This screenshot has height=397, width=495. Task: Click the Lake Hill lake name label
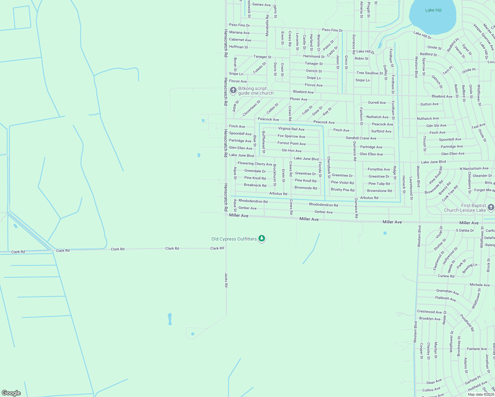click(433, 10)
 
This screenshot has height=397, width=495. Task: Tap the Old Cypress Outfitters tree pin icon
click(262, 239)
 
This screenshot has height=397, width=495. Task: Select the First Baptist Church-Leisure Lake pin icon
click(491, 207)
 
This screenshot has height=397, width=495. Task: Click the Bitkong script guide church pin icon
click(233, 90)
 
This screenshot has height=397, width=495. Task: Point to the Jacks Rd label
click(226, 280)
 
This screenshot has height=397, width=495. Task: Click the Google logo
click(11, 393)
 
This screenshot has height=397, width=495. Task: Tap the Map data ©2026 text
click(481, 394)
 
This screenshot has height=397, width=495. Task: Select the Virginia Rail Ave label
click(291, 129)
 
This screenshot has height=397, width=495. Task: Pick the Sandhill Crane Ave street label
click(361, 138)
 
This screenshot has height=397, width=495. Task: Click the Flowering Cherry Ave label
click(255, 164)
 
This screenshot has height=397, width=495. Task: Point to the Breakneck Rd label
click(255, 185)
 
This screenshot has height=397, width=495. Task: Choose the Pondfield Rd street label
click(467, 323)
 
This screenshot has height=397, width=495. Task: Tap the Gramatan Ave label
click(447, 291)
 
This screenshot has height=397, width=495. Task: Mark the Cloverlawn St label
click(251, 109)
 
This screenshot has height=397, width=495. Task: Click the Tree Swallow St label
click(370, 73)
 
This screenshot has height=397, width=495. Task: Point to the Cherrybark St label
click(329, 167)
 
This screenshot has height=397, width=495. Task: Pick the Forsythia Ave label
click(379, 169)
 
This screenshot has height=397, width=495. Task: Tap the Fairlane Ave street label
click(477, 349)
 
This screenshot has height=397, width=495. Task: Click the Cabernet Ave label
click(240, 40)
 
